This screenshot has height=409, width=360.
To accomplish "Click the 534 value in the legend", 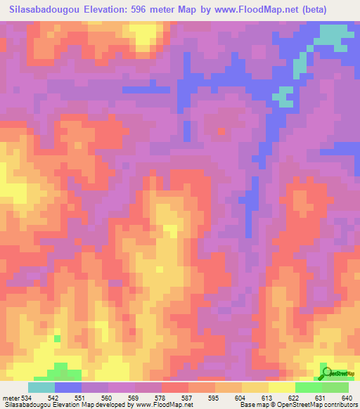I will point(27,396).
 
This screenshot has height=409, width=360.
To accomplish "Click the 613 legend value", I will point(268,396).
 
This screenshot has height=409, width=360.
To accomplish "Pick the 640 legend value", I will point(347,396).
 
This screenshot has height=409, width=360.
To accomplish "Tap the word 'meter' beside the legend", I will point(10,396).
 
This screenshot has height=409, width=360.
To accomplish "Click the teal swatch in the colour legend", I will point(41,387).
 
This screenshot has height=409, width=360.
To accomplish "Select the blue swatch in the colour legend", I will point(68,387).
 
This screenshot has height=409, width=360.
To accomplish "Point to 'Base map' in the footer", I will point(252,405).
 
